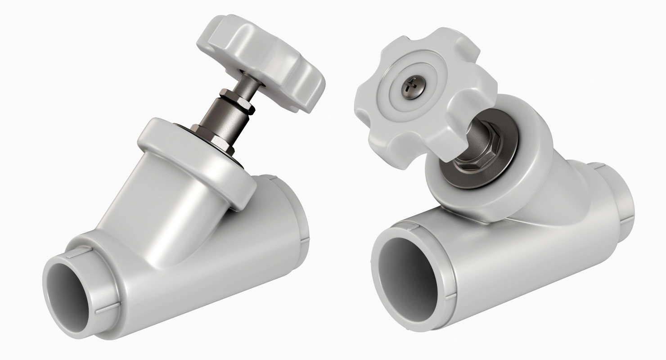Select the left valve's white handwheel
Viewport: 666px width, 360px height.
(x=261, y=58)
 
